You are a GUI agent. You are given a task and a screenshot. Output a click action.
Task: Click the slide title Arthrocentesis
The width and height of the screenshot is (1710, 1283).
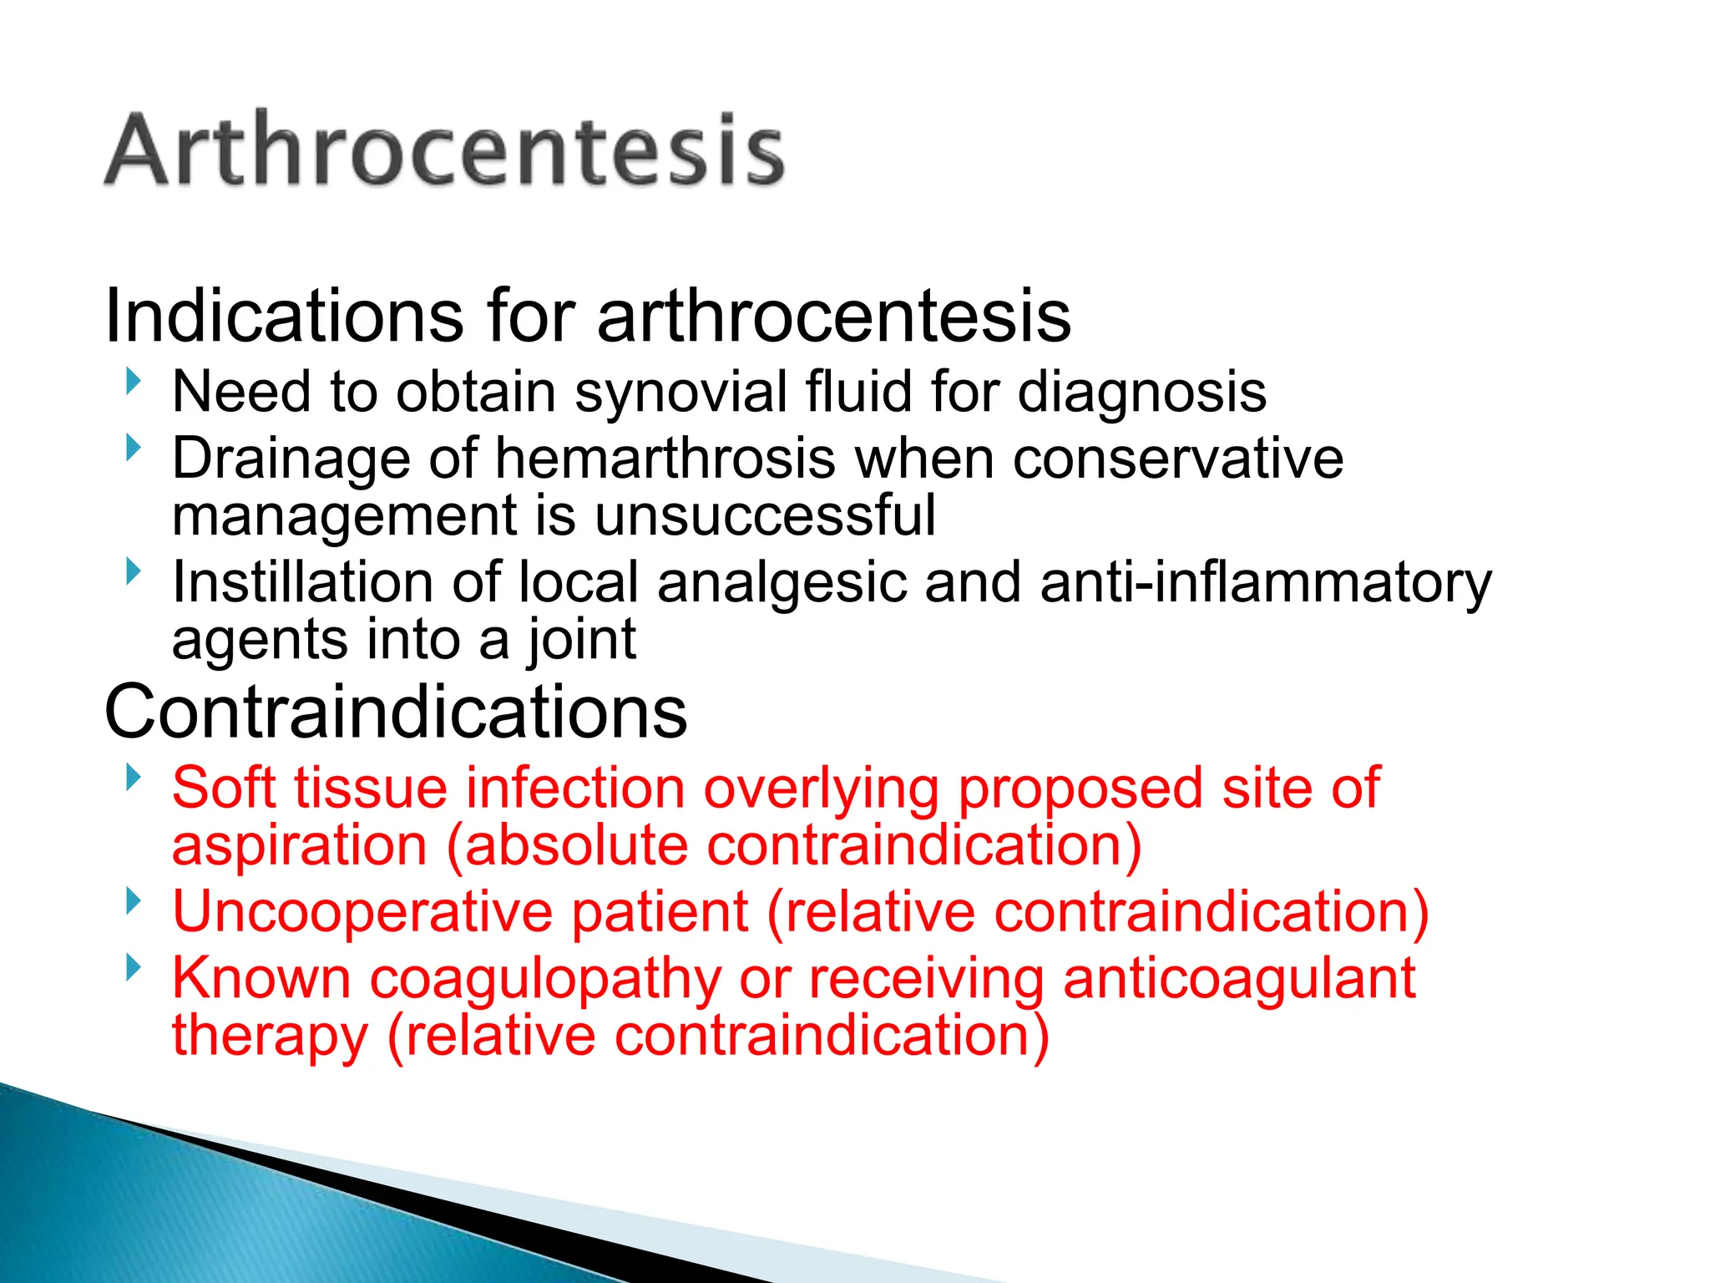tap(444, 149)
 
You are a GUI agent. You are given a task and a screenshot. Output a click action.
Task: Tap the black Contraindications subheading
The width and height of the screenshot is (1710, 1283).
tap(396, 712)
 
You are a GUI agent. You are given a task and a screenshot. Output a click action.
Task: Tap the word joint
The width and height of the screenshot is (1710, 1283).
tap(582, 640)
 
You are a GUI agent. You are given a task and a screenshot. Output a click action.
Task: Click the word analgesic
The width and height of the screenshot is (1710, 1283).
tap(782, 582)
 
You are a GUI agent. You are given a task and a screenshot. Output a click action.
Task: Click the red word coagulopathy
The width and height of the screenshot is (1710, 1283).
tap(544, 979)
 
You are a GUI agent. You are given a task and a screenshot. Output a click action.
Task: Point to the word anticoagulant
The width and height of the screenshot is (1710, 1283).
tap(1239, 979)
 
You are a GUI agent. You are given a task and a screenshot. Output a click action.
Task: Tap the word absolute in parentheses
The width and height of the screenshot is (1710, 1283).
tap(575, 845)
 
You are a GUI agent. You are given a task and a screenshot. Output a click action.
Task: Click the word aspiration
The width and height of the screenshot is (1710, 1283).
tap(299, 845)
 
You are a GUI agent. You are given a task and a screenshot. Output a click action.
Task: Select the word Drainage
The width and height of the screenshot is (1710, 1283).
tap(291, 459)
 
